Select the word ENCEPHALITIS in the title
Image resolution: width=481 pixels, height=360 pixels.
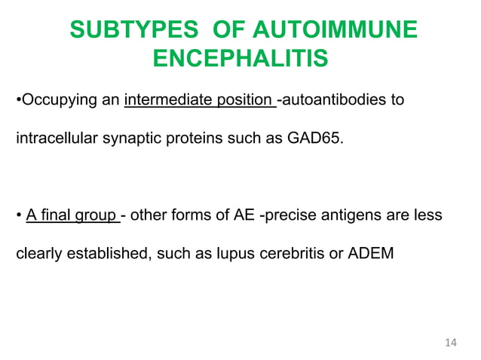tap(240, 59)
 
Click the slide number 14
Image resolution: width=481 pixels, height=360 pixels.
tap(451, 343)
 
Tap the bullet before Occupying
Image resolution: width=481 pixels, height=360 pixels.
tap(18, 100)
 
